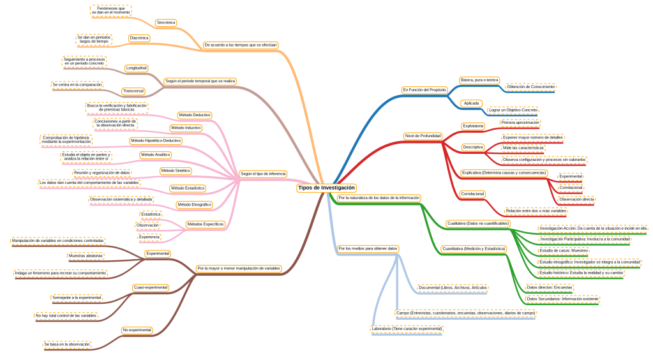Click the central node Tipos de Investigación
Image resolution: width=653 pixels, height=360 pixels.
(326, 188)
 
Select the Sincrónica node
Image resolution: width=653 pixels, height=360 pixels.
(166, 22)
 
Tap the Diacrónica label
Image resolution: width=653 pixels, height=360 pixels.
(139, 38)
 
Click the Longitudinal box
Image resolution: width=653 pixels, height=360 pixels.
(137, 68)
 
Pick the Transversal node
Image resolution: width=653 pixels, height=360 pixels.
(133, 91)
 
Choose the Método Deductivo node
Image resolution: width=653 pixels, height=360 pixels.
(194, 115)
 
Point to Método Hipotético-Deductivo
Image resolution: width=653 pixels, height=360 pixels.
(156, 140)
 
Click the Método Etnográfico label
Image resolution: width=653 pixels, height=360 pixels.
(193, 204)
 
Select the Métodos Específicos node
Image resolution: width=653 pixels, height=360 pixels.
(205, 224)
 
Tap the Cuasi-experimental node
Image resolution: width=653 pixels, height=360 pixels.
(151, 288)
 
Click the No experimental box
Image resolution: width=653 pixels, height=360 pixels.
(137, 330)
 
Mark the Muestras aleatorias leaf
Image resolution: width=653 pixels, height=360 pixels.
(86, 255)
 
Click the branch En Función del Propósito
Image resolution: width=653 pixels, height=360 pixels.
(424, 90)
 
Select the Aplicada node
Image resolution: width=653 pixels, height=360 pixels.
(471, 103)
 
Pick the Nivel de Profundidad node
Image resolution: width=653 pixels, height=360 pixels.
(423, 136)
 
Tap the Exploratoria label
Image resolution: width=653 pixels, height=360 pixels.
(473, 126)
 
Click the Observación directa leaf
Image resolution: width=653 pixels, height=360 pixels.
(576, 199)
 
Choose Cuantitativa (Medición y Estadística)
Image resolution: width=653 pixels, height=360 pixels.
(474, 248)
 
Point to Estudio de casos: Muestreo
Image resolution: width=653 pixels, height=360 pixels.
(564, 251)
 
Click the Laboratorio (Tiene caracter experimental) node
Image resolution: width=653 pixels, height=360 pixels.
(407, 329)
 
